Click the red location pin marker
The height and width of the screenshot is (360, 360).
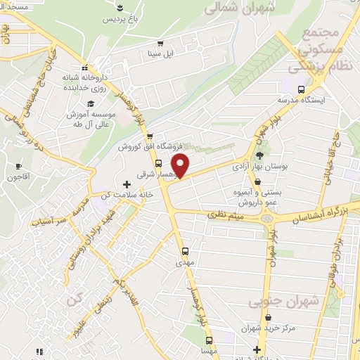coord(181,165)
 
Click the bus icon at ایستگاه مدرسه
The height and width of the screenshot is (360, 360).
coord(301,89)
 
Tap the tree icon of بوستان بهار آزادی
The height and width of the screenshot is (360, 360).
coord(259,154)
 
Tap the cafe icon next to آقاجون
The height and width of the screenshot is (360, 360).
coord(18,166)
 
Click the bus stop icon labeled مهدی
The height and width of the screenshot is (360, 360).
coord(185,251)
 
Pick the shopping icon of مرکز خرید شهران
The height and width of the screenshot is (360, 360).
coord(257,349)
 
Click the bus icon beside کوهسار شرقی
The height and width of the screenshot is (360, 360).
coord(157,163)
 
